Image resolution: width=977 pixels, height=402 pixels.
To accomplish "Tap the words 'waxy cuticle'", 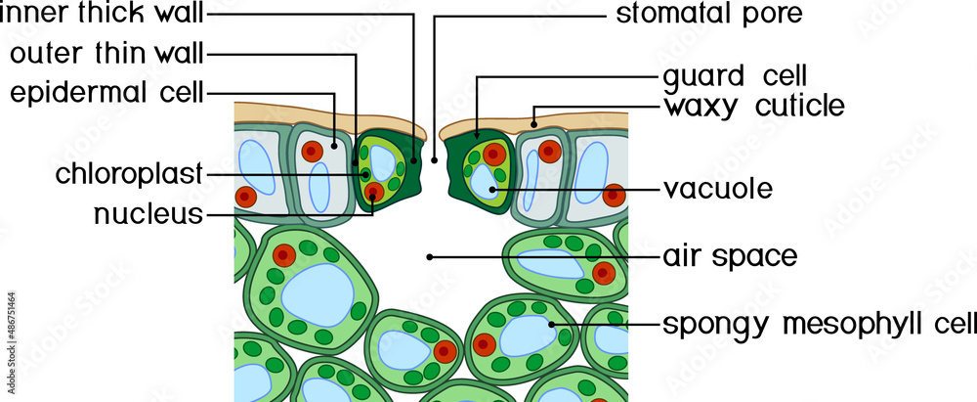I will (x=753, y=106).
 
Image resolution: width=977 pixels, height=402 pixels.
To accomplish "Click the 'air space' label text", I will (x=730, y=257).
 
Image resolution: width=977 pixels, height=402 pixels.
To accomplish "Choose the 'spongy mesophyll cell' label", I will (x=819, y=323).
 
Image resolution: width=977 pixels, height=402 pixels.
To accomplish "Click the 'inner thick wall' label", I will (x=104, y=15).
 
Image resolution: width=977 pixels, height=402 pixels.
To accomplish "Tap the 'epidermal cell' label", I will (x=106, y=93).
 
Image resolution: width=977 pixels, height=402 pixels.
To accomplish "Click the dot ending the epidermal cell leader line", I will (x=335, y=144).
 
